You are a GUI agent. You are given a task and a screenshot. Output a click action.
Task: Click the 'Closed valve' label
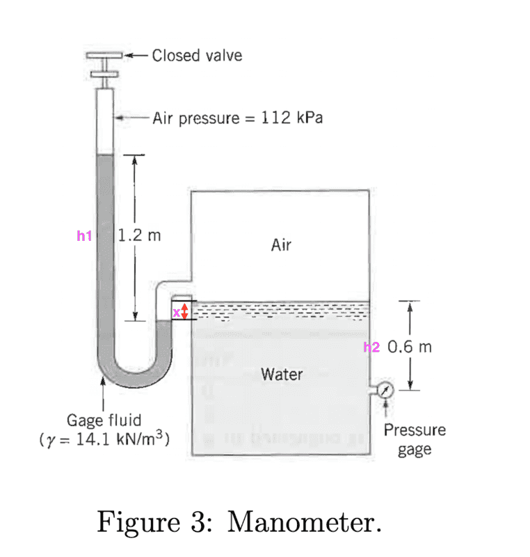pos(197,56)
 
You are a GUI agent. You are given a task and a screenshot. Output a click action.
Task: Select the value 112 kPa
pos(291,118)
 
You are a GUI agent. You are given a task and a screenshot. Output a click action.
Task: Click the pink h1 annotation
pos(83,237)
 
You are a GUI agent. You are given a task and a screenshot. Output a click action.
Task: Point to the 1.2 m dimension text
pos(140,235)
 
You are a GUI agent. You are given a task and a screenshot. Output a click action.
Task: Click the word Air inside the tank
pos(282,245)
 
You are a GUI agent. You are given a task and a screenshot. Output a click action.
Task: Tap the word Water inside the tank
pos(282,375)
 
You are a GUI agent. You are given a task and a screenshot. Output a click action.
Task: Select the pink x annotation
pos(177,312)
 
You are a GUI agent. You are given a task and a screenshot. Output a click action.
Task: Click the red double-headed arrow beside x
pos(185,311)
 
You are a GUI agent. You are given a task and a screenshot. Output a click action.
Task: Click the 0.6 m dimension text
pos(410,347)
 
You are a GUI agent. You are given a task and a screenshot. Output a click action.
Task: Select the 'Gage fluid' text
pos(104,421)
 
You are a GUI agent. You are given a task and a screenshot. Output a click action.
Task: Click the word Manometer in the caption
pos(304,521)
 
